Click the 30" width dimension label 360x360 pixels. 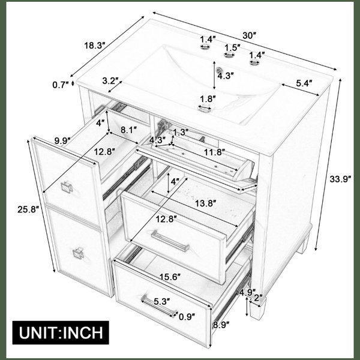coord(249,35)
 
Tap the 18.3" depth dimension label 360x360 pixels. coord(94,46)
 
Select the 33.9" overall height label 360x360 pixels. coord(340,179)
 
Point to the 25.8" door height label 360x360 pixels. coord(28,209)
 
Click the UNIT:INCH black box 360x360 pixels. coord(61,332)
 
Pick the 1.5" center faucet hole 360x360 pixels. coord(229,55)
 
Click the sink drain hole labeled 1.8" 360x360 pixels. coord(205,108)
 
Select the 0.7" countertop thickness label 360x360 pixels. coord(61,85)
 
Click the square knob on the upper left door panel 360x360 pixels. coord(67,187)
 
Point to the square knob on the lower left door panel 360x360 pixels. coord(78,253)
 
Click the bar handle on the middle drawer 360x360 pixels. coord(170,241)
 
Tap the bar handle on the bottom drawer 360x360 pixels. coord(159,306)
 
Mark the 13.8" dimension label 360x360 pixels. coord(205,203)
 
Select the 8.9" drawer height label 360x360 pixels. coord(221,325)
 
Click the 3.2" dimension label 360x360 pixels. coord(110,81)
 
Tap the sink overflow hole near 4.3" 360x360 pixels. coord(220,69)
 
